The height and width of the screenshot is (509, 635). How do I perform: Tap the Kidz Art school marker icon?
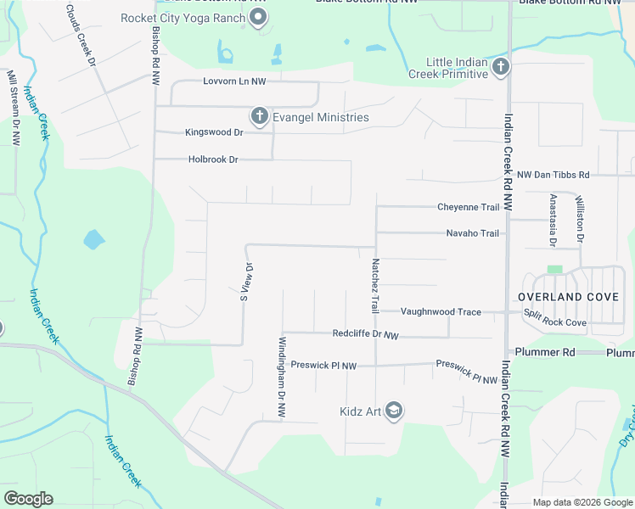pyautogui.click(x=393, y=411)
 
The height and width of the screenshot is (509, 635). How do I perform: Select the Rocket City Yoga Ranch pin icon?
pyautogui.click(x=259, y=17)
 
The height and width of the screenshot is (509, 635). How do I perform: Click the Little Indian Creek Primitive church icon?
pyautogui.click(x=500, y=66)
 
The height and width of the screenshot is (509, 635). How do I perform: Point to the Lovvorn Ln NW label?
pyautogui.click(x=234, y=81)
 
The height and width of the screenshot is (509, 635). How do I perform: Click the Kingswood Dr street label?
pyautogui.click(x=214, y=132)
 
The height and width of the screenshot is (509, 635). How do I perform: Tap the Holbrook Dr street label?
pyautogui.click(x=213, y=159)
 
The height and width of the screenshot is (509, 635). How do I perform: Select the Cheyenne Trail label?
pyautogui.click(x=468, y=207)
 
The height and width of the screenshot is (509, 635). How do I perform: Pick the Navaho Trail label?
pyautogui.click(x=472, y=233)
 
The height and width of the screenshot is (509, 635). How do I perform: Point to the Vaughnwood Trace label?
pyautogui.click(x=441, y=312)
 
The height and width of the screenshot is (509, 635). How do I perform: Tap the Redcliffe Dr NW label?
pyautogui.click(x=365, y=335)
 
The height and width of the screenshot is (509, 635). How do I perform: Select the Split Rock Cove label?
pyautogui.click(x=554, y=323)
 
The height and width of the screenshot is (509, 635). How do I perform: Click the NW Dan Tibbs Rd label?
pyautogui.click(x=553, y=174)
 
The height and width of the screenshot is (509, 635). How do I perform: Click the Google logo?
pyautogui.click(x=29, y=499)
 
